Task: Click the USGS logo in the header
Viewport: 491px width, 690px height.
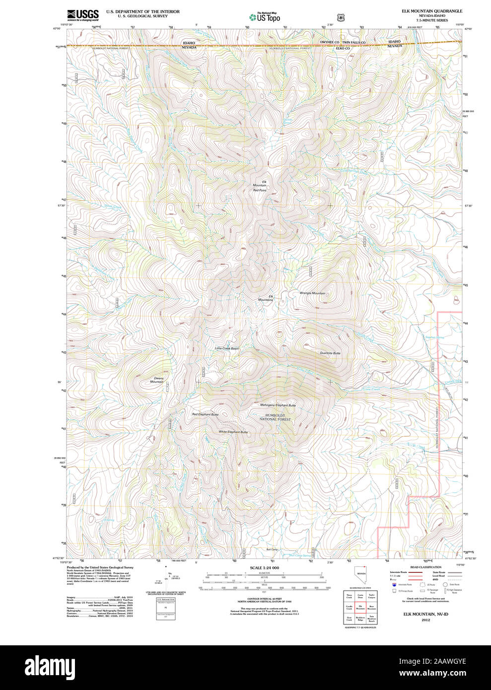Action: coord(82,14)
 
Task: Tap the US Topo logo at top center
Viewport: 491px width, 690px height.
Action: coord(265,17)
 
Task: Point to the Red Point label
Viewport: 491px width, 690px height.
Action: coord(260,190)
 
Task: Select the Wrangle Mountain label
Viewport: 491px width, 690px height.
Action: coord(312,293)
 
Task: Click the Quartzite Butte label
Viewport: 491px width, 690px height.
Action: coord(330,353)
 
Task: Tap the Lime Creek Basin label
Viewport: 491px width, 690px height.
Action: coord(226,348)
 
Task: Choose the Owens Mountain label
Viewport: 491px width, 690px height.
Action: coord(157,380)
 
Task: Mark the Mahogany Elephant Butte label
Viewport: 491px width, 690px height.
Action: coord(278,405)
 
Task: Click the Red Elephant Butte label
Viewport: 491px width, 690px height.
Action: coord(205,414)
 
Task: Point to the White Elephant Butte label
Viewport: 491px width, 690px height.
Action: coord(233,432)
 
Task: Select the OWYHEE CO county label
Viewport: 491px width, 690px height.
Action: coord(330,43)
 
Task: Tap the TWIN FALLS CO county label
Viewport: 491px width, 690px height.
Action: coord(353,43)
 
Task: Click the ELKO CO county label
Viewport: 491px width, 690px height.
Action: coord(343,48)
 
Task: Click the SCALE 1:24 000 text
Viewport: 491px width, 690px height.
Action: coord(264,568)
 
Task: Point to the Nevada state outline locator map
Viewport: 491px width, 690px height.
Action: coord(360,577)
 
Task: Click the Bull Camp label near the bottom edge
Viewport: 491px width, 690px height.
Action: coord(272,550)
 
